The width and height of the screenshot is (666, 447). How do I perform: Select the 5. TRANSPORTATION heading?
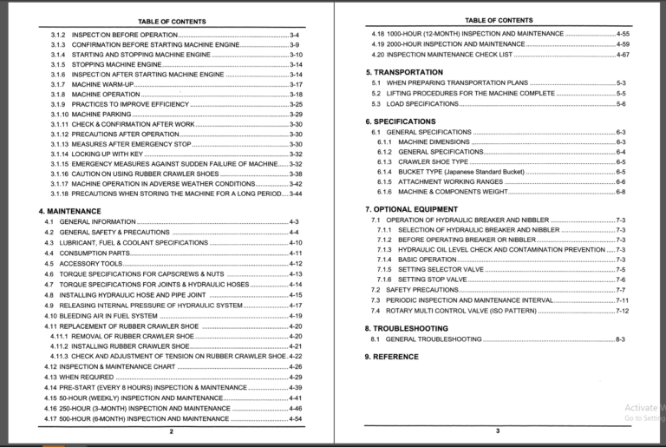[x=404, y=72]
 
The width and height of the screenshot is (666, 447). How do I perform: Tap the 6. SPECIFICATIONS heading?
[x=400, y=122]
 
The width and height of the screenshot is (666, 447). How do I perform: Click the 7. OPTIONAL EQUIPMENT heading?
[x=410, y=210]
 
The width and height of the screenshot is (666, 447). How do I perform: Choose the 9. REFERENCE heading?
[x=391, y=357]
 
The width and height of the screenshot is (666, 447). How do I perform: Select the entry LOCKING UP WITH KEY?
[x=108, y=154]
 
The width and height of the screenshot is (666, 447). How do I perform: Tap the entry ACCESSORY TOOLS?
[x=90, y=263]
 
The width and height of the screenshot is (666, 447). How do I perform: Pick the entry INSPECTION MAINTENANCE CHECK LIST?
[x=449, y=54]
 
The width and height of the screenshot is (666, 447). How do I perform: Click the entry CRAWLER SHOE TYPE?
[x=433, y=161]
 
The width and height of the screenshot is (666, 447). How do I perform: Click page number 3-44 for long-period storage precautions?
[x=295, y=194]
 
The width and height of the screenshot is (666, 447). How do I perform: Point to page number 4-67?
[x=623, y=54]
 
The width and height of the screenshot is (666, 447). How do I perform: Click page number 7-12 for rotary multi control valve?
[x=621, y=310]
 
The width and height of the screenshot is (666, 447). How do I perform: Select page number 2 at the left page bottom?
[x=171, y=431]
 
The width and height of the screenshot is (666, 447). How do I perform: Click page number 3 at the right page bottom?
[x=498, y=431]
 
